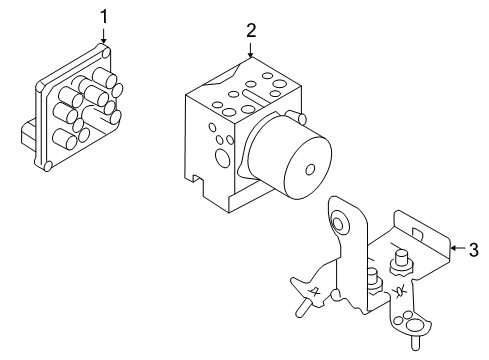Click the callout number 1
click(x=102, y=15)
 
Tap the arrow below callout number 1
click(x=103, y=37)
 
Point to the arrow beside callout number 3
click(x=455, y=247)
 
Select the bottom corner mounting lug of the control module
click(x=47, y=165)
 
